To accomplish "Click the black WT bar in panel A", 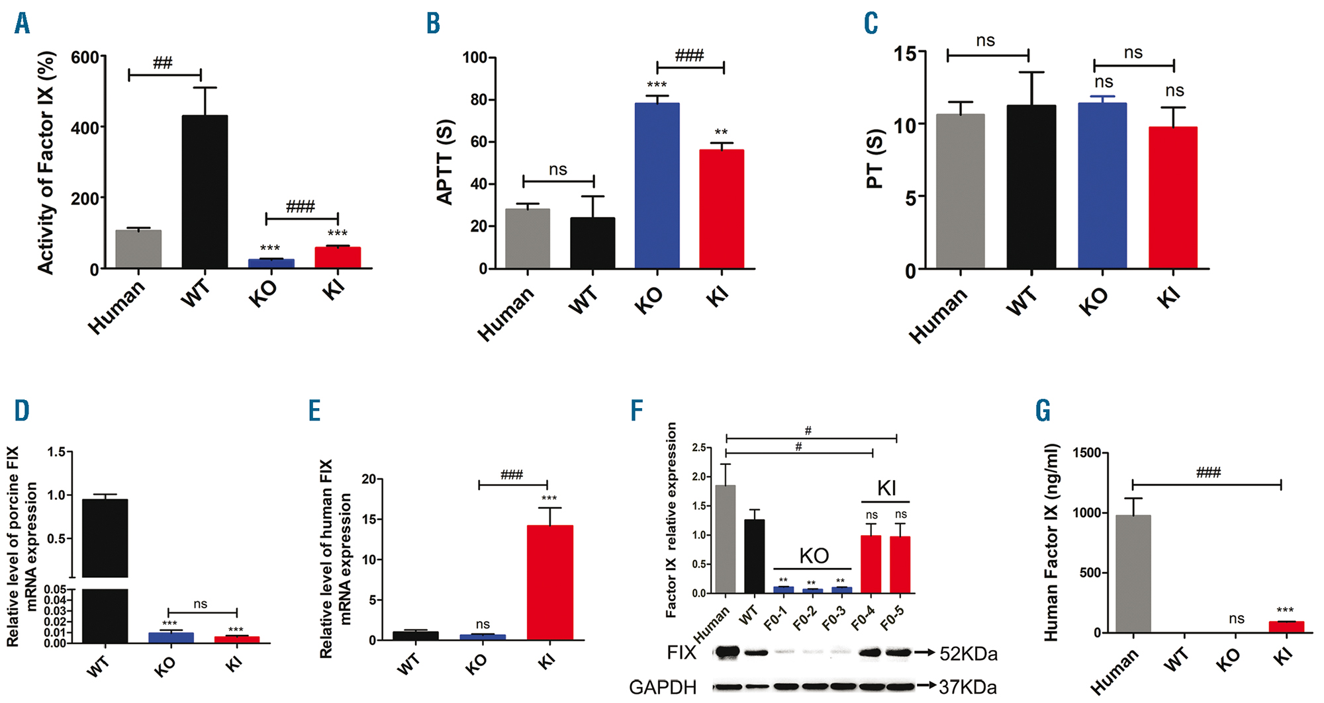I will [x=205, y=192].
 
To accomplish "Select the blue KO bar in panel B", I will [x=657, y=186].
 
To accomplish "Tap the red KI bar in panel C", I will [x=1172, y=198].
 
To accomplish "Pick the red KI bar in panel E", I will [x=549, y=583].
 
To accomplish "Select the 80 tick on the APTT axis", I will [x=475, y=100].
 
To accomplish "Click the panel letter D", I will [x=22, y=411].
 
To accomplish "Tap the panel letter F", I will [x=636, y=411].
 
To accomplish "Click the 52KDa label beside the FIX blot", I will [x=968, y=654].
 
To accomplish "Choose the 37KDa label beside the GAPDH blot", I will [x=967, y=688].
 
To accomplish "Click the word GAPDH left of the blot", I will [x=663, y=688].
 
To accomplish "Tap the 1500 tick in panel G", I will [x=1087, y=453].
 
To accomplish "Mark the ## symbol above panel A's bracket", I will [x=163, y=63].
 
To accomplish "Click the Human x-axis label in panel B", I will [x=506, y=313].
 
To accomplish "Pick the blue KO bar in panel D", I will [x=171, y=638].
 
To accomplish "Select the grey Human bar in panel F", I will [x=725, y=539].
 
